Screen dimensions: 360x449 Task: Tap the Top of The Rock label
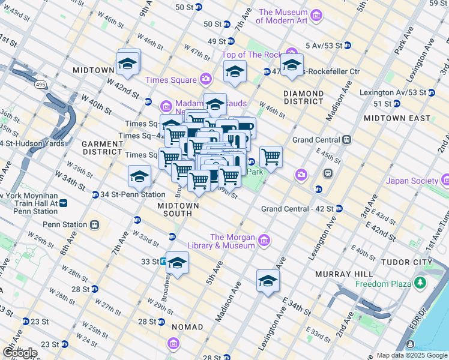tap(252, 55)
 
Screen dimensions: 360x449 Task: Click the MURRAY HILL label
tap(340, 274)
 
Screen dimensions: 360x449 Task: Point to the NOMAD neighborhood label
tap(187, 327)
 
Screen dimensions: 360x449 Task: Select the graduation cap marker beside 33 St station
tap(177, 263)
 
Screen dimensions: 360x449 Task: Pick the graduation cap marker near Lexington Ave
tap(268, 281)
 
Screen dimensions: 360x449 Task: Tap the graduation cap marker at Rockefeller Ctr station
tap(292, 65)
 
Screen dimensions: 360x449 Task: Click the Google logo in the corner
tap(20, 353)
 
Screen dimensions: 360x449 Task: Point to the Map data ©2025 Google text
tap(412, 355)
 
